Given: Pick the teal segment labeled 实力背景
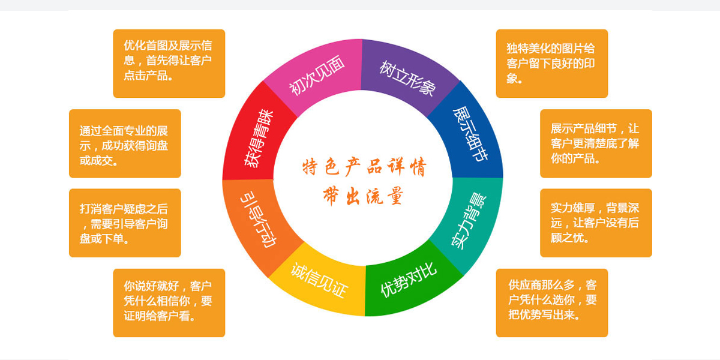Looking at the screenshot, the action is point(470,222).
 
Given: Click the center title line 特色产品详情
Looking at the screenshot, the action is point(365,167).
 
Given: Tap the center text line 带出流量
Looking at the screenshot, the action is point(363,196).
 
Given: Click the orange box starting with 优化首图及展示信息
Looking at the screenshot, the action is point(169,64).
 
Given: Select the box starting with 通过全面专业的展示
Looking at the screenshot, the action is point(125,143).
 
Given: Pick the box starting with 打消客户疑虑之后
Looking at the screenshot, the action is point(125,223).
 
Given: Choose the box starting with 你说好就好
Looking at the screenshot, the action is point(169,303).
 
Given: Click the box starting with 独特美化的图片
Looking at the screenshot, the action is point(552,64).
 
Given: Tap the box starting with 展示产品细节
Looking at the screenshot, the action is point(596,143).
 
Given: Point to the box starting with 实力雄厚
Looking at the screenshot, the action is point(596,223).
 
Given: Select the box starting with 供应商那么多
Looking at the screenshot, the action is point(552,303).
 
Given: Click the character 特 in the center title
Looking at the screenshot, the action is point(310,167).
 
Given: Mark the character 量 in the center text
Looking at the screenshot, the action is point(395,196).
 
